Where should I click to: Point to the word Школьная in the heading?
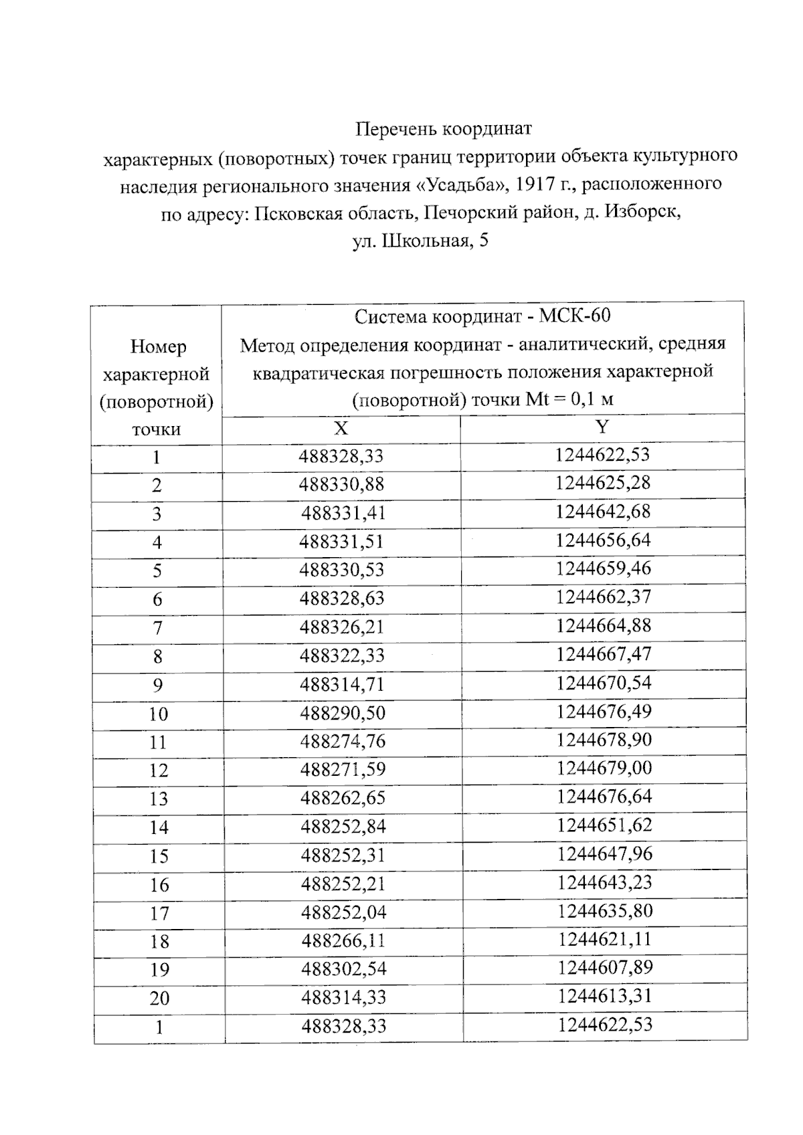[x=425, y=241]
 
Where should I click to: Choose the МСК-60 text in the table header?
[x=575, y=316]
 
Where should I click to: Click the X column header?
[x=341, y=428]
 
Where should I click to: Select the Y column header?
[x=602, y=427]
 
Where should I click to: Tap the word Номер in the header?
[x=158, y=346]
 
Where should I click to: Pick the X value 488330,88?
[x=341, y=484]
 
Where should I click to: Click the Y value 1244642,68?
[x=602, y=512]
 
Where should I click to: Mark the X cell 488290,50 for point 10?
[x=343, y=713]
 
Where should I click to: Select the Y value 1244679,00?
[x=604, y=768]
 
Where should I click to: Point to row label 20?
[x=159, y=998]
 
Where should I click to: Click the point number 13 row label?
[x=159, y=799]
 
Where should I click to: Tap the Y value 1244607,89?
[x=605, y=968]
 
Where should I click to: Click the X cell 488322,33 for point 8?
[x=342, y=655]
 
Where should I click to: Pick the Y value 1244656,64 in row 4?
[x=602, y=540]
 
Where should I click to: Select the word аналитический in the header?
[x=583, y=344]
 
